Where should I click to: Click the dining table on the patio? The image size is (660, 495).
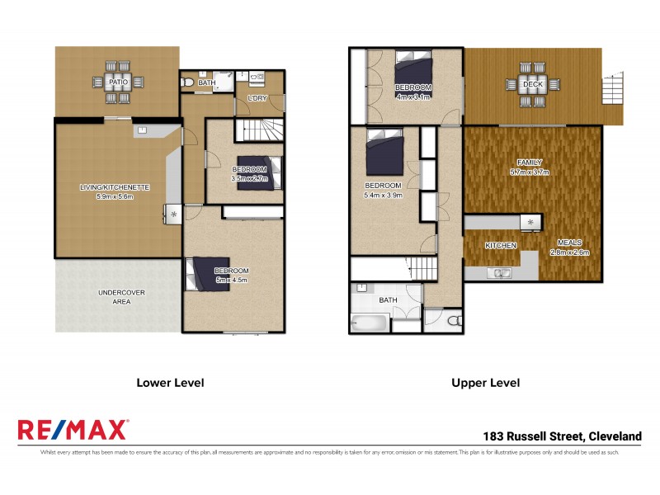(x=116, y=82)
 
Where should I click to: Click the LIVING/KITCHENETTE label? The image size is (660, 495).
(x=114, y=187)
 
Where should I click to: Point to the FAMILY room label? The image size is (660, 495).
(x=529, y=163)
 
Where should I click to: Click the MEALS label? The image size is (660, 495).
(x=570, y=243)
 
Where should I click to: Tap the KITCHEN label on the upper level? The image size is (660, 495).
(x=500, y=246)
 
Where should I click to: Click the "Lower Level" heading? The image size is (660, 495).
(x=169, y=383)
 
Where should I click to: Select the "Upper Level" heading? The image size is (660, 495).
(x=485, y=383)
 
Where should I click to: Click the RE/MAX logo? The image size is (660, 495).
(x=73, y=430)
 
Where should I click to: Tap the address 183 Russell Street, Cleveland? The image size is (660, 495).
(x=562, y=436)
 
